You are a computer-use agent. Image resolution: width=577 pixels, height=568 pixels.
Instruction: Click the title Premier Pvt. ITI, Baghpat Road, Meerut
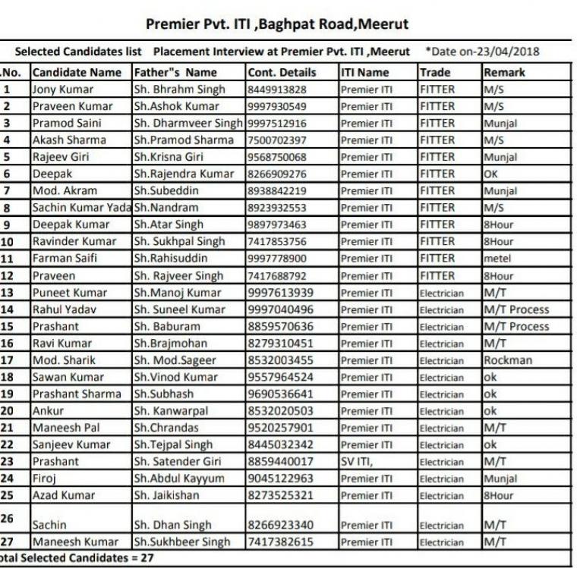coord(277,24)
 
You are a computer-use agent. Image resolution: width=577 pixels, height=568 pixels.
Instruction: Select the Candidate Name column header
coord(77,73)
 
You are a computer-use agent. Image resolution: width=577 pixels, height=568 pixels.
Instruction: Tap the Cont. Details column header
coord(282,73)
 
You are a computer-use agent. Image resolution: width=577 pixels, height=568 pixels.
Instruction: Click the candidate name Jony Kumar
coord(63,89)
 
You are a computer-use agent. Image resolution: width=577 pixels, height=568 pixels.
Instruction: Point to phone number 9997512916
coord(277,123)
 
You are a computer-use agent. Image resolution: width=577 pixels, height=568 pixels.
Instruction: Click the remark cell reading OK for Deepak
coord(493,174)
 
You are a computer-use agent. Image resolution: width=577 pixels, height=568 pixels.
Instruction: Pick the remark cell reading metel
coord(498,259)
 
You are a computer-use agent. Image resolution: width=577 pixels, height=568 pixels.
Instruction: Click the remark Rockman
coord(508,360)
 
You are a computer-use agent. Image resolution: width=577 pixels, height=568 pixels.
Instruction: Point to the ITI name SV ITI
coord(356,461)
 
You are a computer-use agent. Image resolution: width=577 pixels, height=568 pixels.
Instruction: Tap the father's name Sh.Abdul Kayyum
coord(179,479)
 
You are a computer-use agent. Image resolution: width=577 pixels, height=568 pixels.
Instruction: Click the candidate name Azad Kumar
coord(64,495)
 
